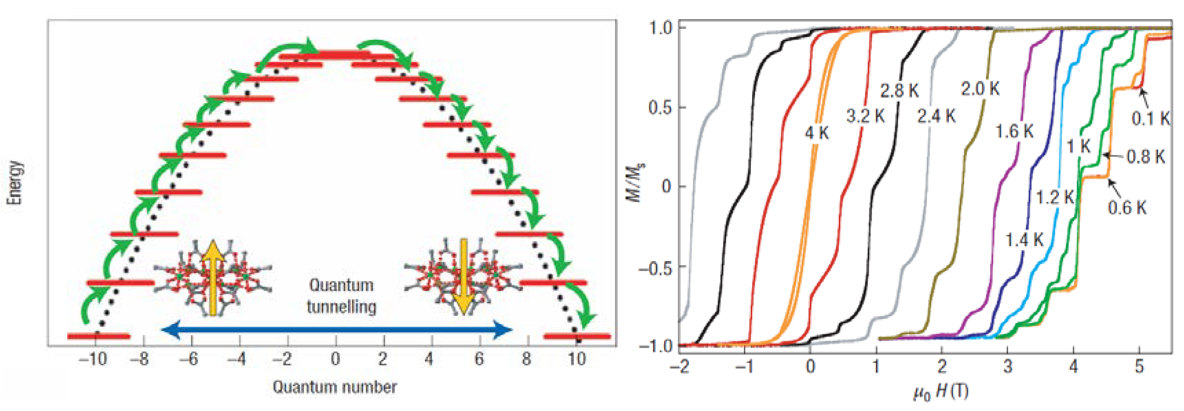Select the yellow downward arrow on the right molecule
463,276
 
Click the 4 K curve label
817,133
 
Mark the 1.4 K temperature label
1024,240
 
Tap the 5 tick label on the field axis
1139,366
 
